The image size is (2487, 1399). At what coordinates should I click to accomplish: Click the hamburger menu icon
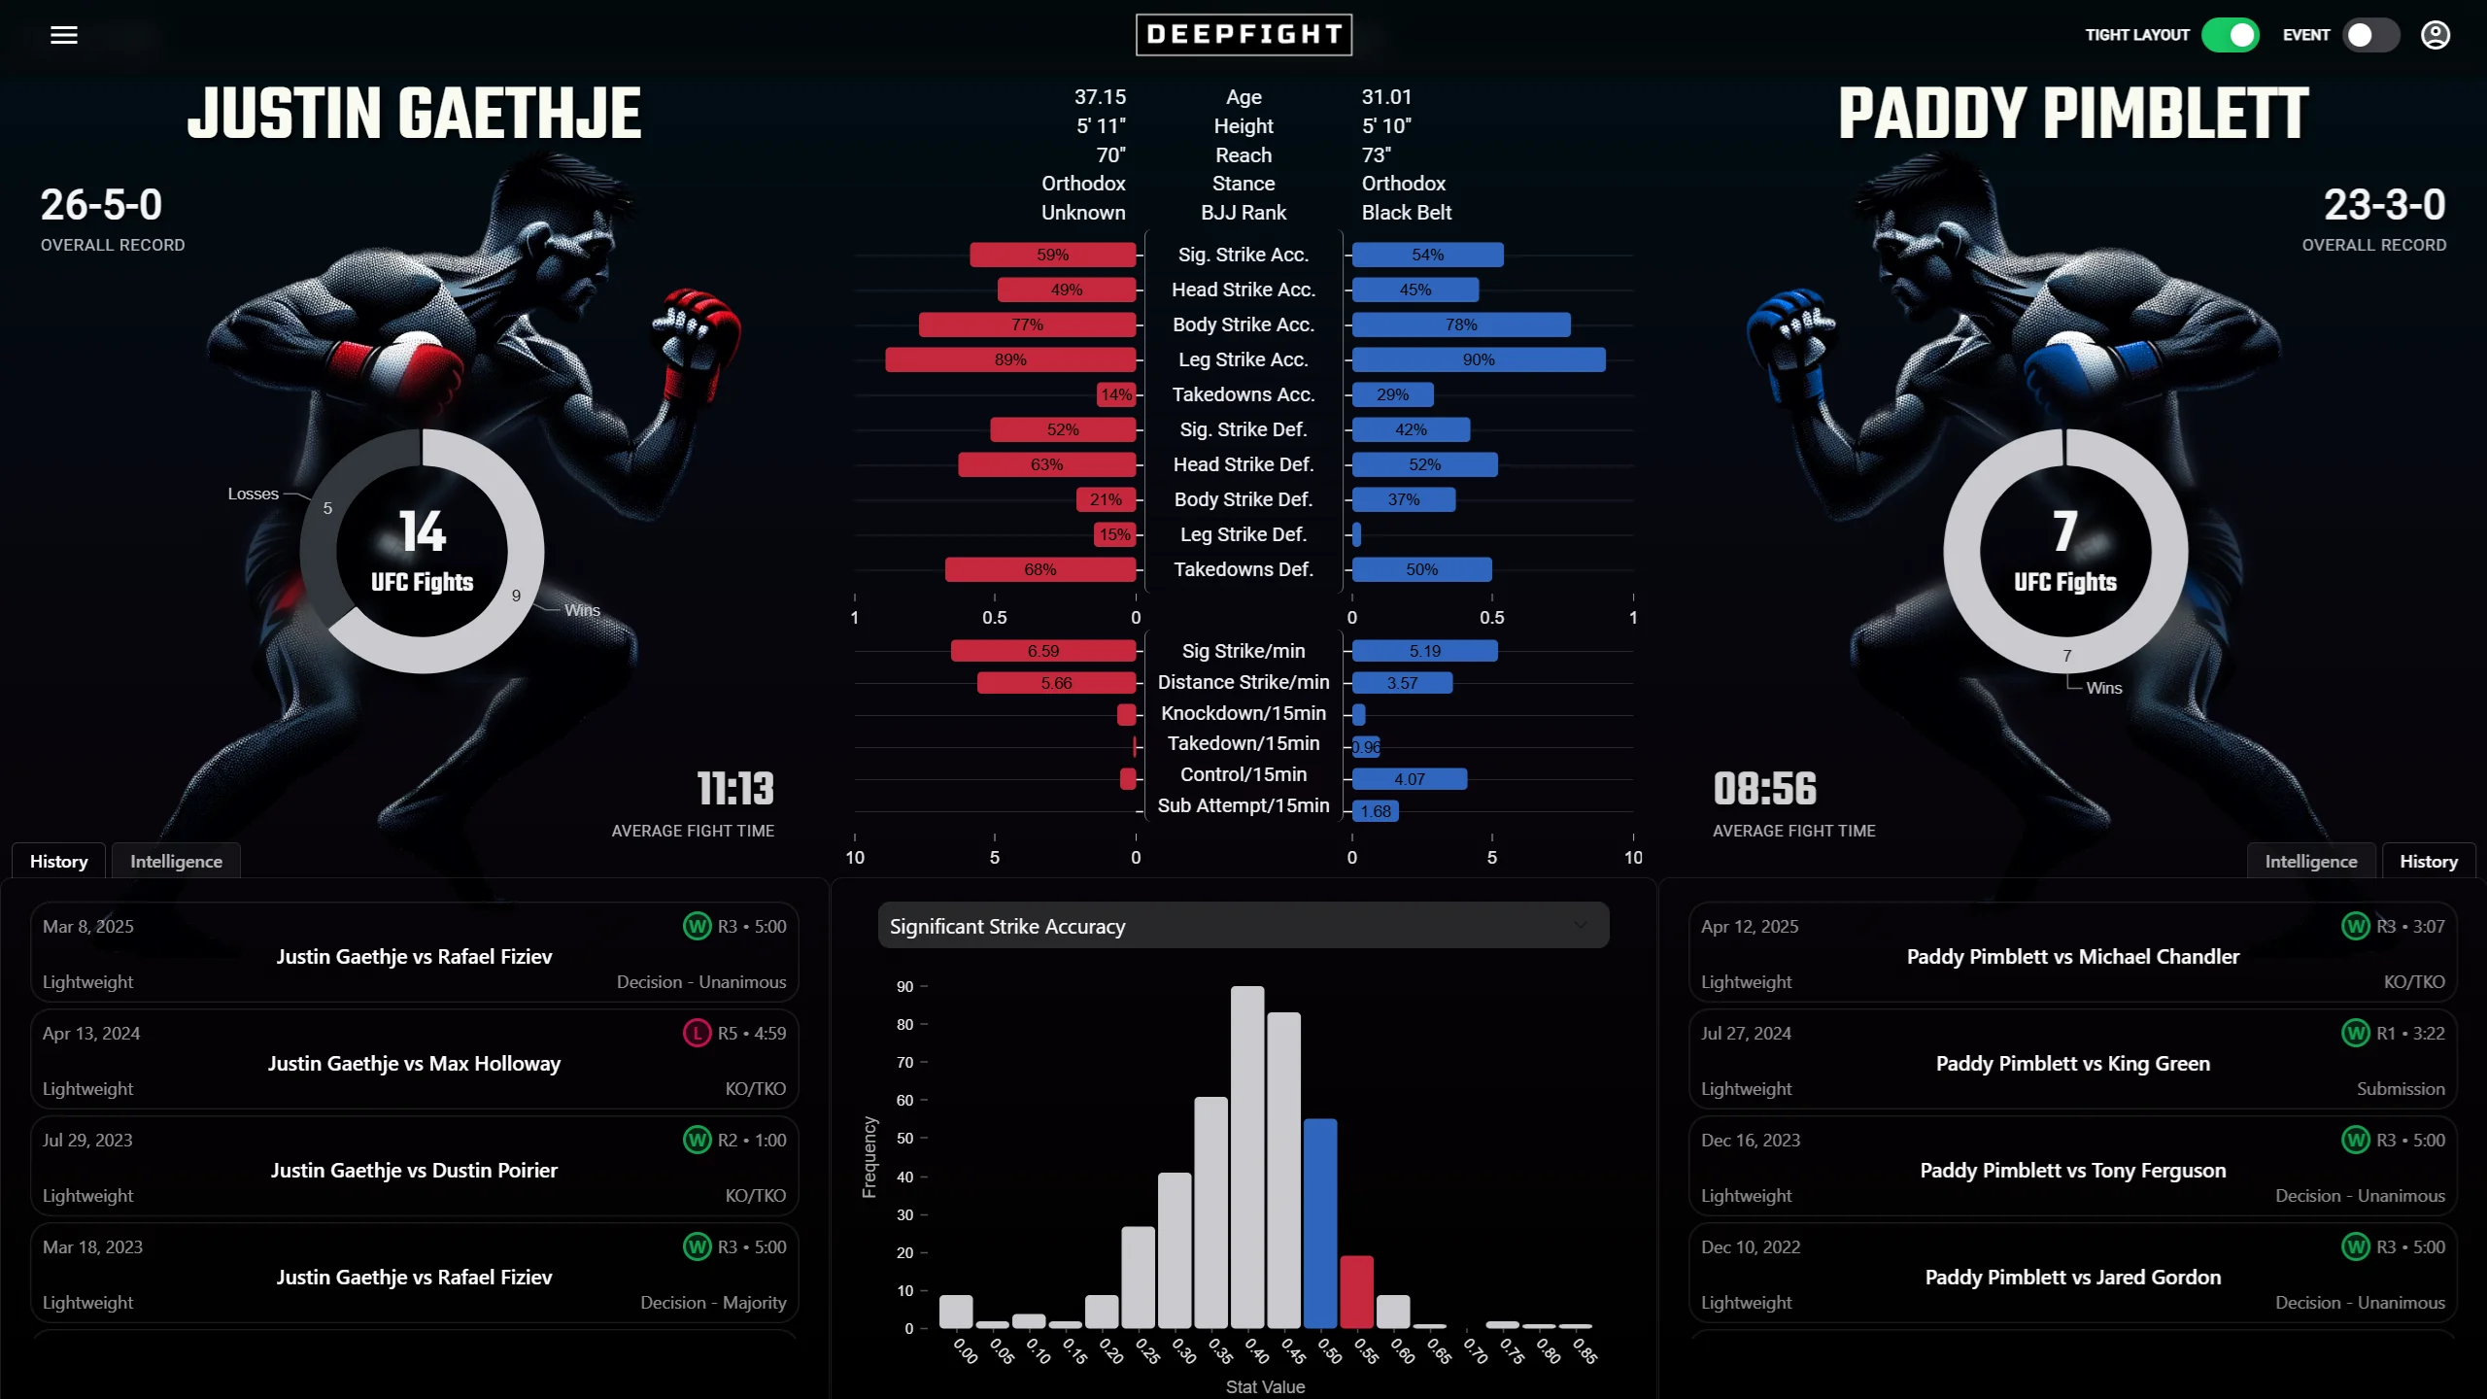[x=64, y=35]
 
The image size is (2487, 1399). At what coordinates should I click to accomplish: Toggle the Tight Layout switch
[x=2230, y=35]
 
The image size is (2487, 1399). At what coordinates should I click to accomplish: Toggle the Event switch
[x=2370, y=35]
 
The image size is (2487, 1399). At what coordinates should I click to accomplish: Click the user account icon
[x=2436, y=35]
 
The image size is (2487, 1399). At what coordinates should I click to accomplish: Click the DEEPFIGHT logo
[x=1243, y=35]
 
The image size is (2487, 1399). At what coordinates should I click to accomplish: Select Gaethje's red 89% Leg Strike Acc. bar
[x=1010, y=359]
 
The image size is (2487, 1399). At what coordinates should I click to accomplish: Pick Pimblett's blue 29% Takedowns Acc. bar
[x=1392, y=394]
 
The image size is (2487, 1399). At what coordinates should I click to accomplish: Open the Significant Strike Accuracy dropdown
[x=1243, y=926]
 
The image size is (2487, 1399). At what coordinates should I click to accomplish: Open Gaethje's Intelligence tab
[x=176, y=861]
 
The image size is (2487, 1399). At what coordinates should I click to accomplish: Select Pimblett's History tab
[x=2428, y=861]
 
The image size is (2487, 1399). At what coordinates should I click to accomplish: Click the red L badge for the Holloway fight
[x=697, y=1033]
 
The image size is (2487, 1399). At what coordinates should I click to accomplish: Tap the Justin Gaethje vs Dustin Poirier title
[x=414, y=1170]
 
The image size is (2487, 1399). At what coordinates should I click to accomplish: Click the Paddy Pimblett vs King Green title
[x=2072, y=1063]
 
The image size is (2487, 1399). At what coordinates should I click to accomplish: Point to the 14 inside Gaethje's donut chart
[x=422, y=531]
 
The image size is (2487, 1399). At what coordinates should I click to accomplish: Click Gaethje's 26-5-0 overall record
[x=101, y=205]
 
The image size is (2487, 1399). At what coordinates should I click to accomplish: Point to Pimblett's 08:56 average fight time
[x=1764, y=789]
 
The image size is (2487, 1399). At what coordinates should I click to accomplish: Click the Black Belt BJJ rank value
[x=1406, y=212]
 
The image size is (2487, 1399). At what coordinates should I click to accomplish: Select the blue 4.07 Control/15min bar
[x=1409, y=779]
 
